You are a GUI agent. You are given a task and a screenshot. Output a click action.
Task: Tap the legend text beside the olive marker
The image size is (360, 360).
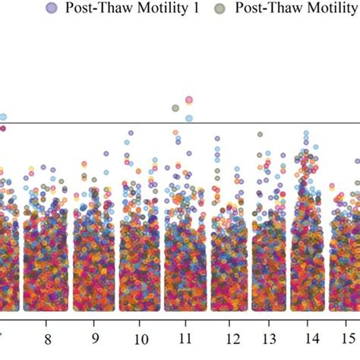coord(296,9)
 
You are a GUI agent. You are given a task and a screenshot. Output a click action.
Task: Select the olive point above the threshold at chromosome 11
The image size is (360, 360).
coord(176,109)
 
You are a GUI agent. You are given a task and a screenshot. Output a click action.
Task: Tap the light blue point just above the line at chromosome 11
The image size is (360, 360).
coord(188,118)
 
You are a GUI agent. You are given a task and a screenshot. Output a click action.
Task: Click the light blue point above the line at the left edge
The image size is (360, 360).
coord(3,117)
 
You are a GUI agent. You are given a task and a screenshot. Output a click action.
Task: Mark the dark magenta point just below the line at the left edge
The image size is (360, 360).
coord(2,128)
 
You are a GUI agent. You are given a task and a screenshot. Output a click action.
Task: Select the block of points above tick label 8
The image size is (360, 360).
coord(47,258)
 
